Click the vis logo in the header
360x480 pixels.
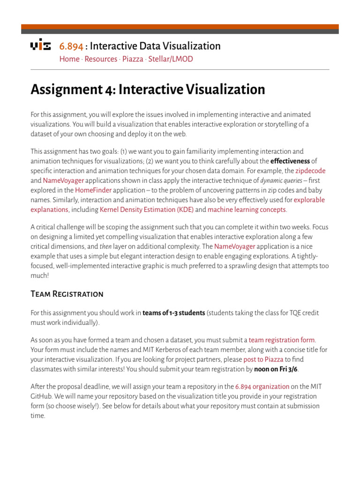point(41,45)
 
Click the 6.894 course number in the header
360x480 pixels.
point(71,46)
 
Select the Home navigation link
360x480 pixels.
point(69,59)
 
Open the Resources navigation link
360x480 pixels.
point(101,59)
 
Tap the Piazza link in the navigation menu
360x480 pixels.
point(133,59)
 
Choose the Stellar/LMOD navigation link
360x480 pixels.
point(171,59)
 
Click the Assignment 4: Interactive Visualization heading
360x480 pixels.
point(148,90)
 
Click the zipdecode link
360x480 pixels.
point(310,171)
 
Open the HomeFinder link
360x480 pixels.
point(92,190)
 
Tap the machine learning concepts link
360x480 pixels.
point(247,210)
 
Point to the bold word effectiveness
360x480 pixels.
point(290,161)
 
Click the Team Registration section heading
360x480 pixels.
point(67,294)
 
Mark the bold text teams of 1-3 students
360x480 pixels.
point(173,313)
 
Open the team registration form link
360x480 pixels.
point(282,340)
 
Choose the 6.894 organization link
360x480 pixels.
point(262,387)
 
